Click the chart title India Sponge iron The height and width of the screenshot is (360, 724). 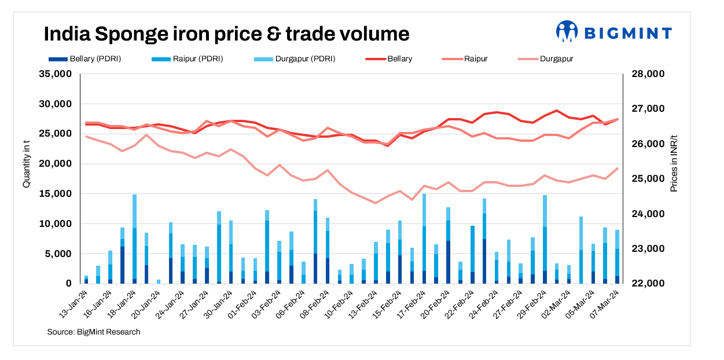tap(226, 34)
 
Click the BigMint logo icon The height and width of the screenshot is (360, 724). tap(567, 32)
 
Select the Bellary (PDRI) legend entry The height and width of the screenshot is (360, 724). tap(83, 58)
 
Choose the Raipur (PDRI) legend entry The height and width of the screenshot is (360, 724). tap(186, 58)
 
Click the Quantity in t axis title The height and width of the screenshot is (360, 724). tap(26, 164)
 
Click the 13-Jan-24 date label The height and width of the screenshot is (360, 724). tap(74, 302)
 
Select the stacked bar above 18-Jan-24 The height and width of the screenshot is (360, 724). tap(135, 239)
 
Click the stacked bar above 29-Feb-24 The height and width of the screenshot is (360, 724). tap(545, 240)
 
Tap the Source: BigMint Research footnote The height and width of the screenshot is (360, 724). tap(94, 332)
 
